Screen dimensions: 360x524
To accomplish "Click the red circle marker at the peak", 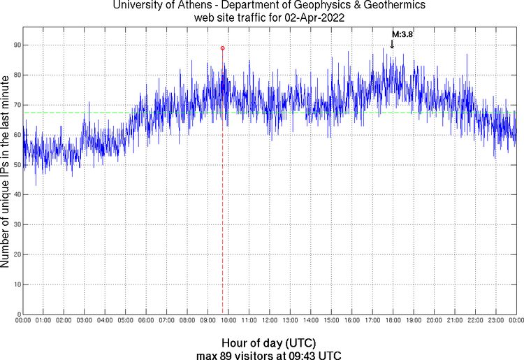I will tap(222, 48).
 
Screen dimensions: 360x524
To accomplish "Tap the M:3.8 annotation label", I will tap(402, 34).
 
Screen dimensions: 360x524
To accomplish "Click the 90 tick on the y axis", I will tap(16, 45).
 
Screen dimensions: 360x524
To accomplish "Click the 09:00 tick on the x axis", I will tap(208, 320).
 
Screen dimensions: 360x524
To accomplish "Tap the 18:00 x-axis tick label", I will tap(393, 320).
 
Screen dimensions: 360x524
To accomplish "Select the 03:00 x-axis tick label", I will tap(84, 320).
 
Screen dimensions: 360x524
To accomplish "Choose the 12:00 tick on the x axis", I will tap(269, 320).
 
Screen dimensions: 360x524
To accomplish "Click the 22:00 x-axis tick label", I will tap(475, 320).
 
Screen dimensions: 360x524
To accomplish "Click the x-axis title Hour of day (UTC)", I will tap(269, 343).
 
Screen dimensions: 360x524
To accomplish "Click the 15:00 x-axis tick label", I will tap(331, 320).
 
